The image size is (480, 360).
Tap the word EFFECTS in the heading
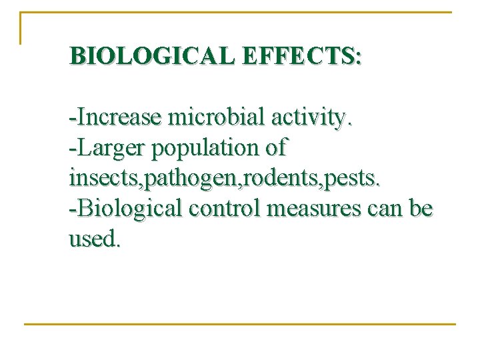click(x=297, y=55)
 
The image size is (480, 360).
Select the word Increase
click(x=119, y=117)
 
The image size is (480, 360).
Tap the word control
click(x=221, y=209)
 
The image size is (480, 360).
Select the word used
click(x=94, y=239)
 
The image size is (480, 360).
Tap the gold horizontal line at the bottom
click(x=240, y=325)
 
